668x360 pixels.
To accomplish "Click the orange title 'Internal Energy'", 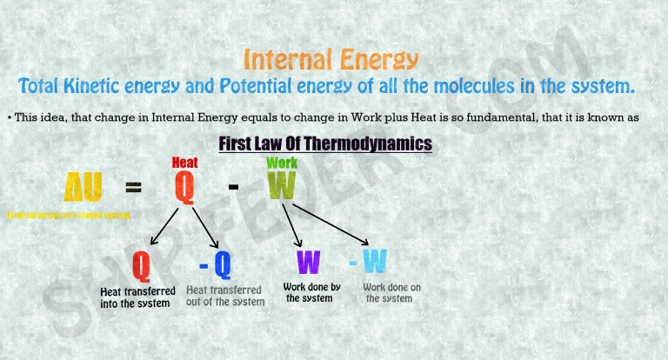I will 331,59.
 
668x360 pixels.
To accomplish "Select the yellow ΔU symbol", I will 83,187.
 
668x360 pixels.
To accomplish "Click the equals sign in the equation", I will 133,187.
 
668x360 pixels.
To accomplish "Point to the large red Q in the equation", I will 184,187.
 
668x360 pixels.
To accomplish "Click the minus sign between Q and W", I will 233,186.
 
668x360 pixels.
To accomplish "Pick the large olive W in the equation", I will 282,186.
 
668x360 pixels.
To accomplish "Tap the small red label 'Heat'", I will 184,163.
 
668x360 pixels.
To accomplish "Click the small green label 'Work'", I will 282,163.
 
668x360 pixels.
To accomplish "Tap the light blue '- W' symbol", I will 367,261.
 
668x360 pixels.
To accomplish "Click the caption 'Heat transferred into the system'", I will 138,297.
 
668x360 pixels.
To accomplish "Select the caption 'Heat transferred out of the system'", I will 224,296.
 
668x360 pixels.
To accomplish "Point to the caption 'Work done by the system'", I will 311,292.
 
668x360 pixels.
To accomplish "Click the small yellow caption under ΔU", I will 68,215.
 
